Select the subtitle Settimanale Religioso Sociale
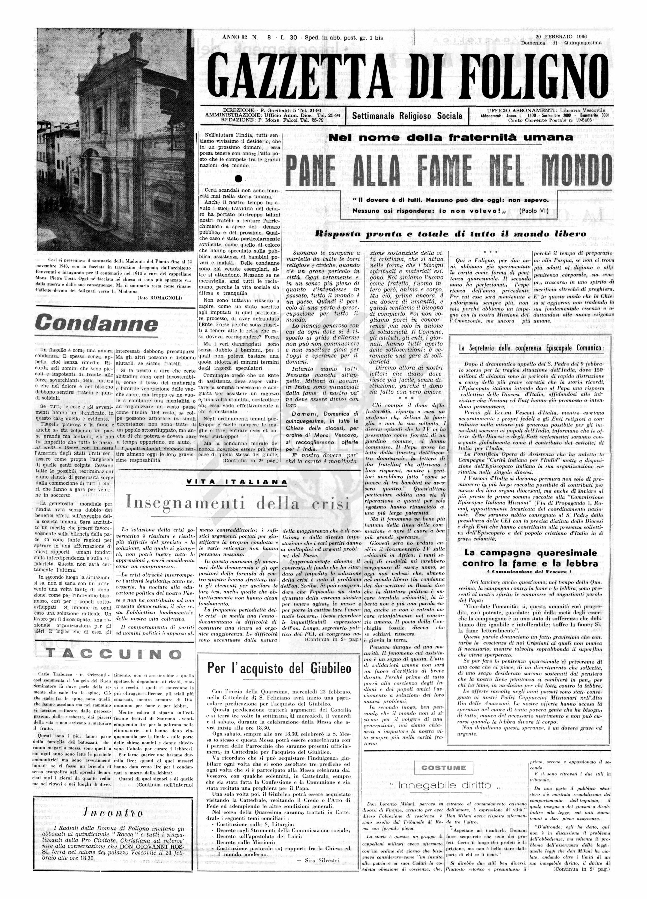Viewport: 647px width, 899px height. [x=407, y=116]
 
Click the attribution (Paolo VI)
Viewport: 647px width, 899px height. [x=534, y=211]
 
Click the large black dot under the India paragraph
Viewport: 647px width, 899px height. [x=237, y=178]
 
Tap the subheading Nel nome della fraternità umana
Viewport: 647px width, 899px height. [x=451, y=138]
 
